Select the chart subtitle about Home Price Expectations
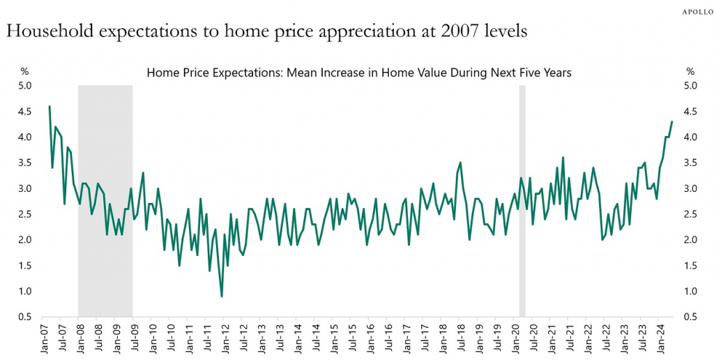pos(358,73)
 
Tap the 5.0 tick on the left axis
pos(26,86)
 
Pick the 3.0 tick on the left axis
pos(26,188)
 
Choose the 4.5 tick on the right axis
pos(691,112)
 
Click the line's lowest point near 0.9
pos(222,297)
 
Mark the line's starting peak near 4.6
pos(49,106)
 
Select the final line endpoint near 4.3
pos(671,121)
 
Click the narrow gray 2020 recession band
pos(522,202)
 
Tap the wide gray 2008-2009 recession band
pos(105,202)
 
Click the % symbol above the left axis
pos(24,71)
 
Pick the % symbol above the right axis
pos(690,71)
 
